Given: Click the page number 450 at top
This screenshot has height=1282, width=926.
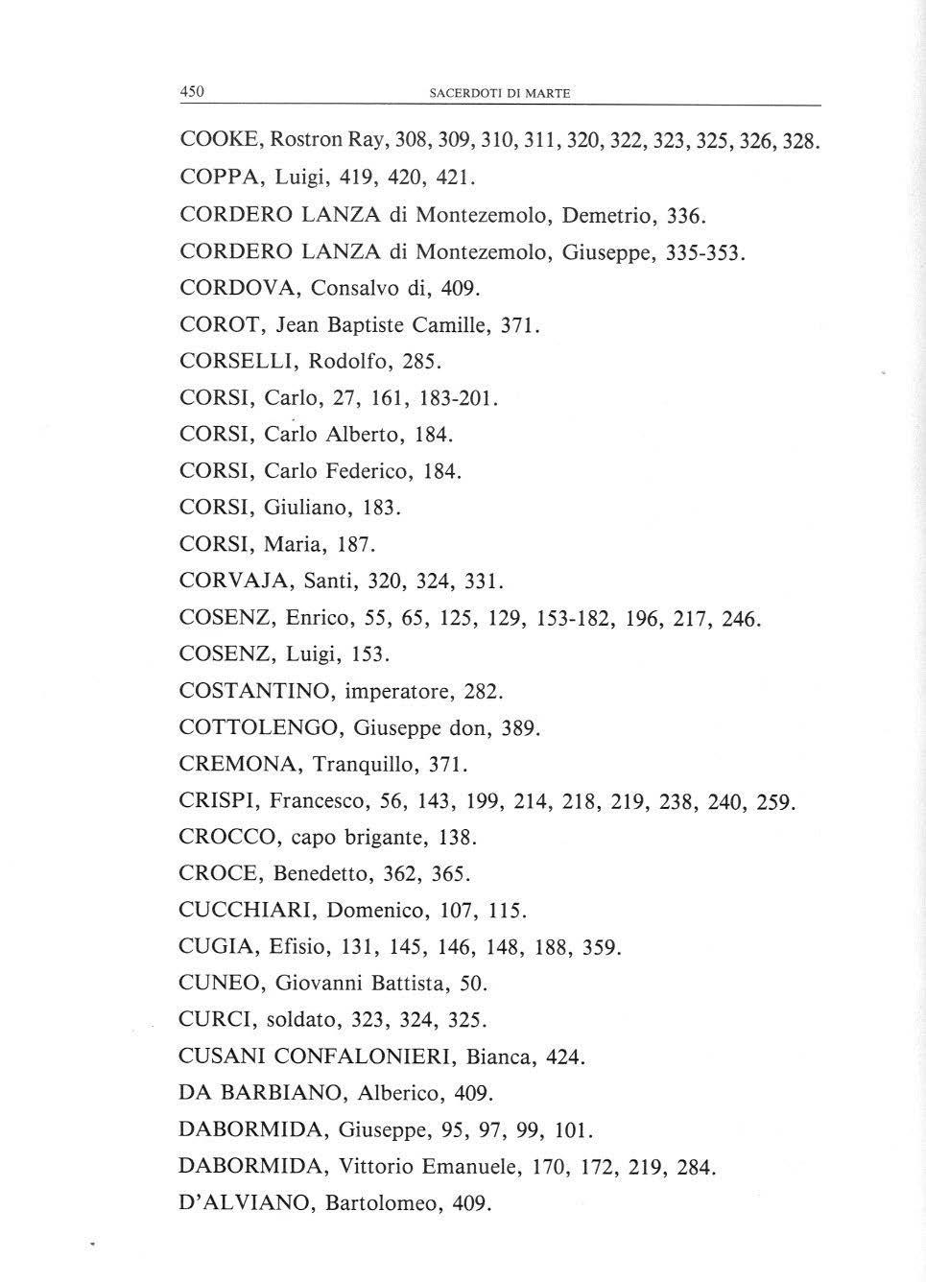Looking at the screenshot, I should pos(193,92).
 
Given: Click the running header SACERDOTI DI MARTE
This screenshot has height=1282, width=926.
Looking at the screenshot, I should pos(499,93).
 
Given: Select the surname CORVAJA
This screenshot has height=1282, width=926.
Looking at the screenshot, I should pos(235,582).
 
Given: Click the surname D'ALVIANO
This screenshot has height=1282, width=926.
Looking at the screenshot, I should pos(246,1203).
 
